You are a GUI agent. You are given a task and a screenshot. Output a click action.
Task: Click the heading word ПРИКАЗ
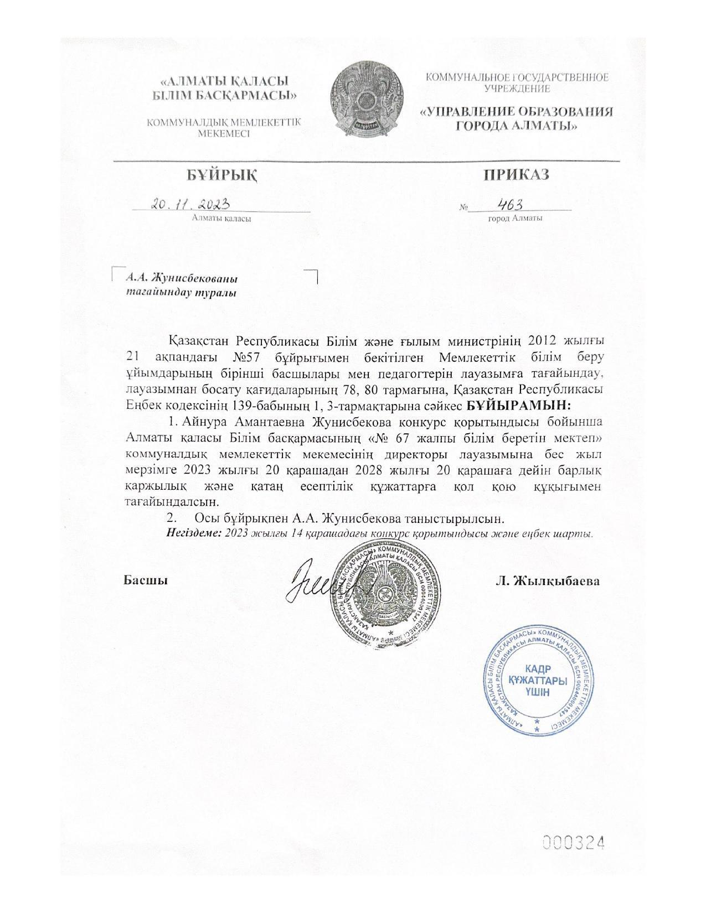(517, 175)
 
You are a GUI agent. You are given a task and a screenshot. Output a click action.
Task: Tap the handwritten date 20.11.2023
(191, 204)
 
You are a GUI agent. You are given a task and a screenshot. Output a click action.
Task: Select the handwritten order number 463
(511, 205)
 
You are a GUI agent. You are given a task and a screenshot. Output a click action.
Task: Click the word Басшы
(146, 580)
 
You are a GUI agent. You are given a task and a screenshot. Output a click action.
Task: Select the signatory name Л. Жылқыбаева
(548, 581)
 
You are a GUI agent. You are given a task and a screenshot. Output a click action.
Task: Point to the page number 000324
(573, 843)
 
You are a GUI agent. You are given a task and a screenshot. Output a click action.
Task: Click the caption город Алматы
(515, 218)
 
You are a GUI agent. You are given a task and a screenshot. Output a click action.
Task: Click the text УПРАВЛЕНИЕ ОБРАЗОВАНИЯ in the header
(517, 112)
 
